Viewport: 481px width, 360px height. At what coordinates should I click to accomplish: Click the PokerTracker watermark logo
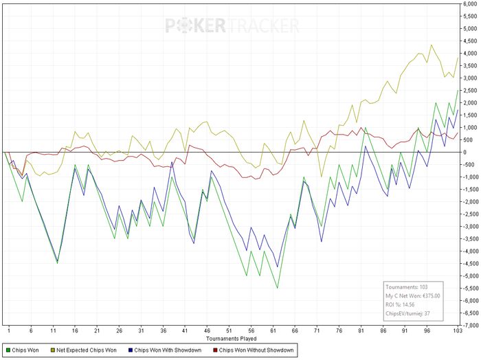[232, 25]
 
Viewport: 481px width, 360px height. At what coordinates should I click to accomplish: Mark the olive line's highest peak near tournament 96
[431, 45]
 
